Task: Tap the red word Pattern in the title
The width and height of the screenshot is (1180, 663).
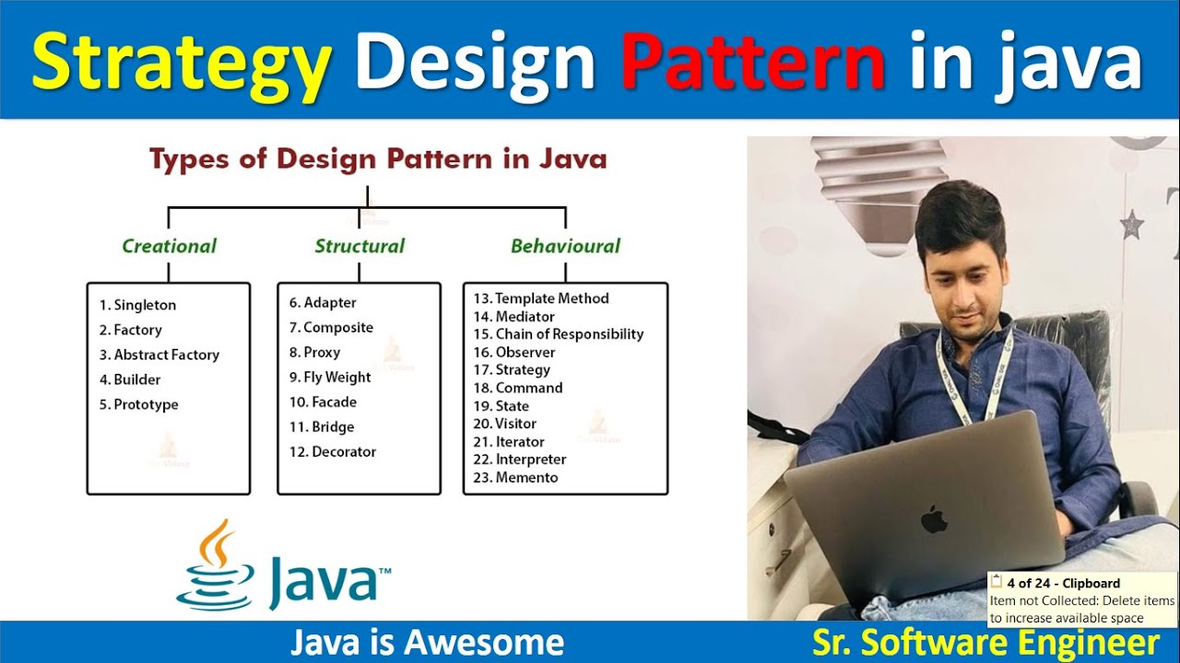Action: click(x=752, y=61)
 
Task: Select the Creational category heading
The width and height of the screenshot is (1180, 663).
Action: click(x=169, y=246)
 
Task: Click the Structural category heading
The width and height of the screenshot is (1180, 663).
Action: click(x=360, y=246)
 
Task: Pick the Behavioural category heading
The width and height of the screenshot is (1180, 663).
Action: click(x=565, y=246)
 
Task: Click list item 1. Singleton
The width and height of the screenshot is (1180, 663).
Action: click(x=137, y=305)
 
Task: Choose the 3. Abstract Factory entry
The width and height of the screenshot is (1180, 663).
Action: click(x=159, y=355)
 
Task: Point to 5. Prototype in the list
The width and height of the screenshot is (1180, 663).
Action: click(x=138, y=404)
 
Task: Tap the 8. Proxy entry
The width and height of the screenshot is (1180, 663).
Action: click(x=314, y=352)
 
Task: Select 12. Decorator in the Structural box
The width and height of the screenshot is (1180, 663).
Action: click(x=332, y=451)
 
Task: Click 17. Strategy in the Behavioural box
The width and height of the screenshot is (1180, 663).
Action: click(x=512, y=369)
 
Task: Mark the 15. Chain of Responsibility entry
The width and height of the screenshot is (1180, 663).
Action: click(x=558, y=334)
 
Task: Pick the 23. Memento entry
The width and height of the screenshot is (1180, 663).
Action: click(x=515, y=477)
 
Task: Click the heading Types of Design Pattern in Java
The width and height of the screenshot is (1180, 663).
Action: click(x=378, y=159)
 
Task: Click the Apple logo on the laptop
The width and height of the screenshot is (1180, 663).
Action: click(x=935, y=518)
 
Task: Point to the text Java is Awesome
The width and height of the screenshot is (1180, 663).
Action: click(x=427, y=643)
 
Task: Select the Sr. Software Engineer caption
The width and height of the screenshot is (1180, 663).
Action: click(x=985, y=643)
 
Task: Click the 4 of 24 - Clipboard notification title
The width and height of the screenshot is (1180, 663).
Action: click(x=1063, y=583)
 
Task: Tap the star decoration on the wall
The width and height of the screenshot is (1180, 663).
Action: click(x=1131, y=224)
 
